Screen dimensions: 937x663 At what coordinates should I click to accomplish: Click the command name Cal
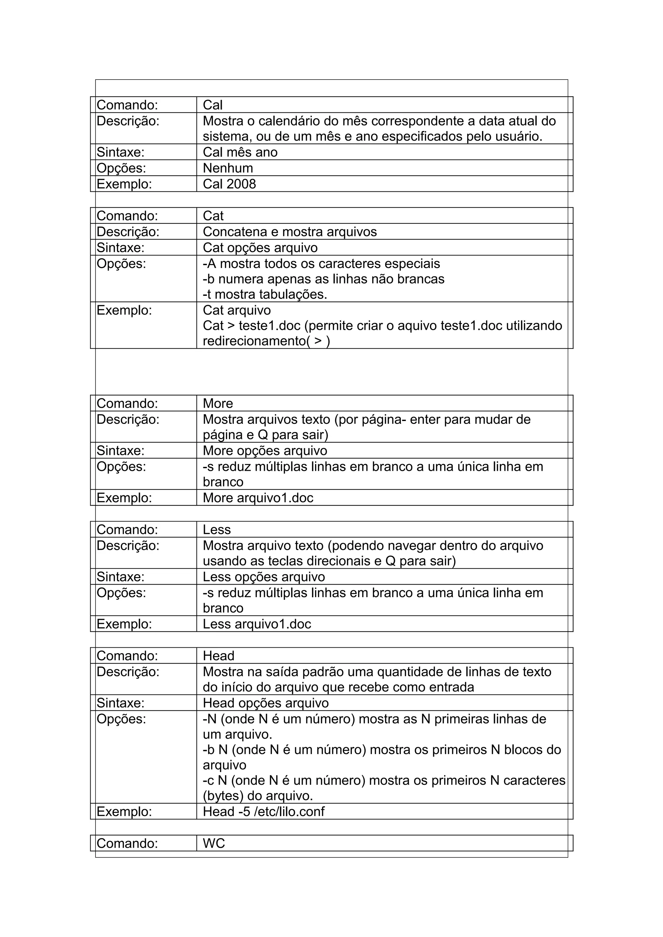pos(212,105)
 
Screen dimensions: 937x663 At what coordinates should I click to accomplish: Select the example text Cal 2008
pos(229,184)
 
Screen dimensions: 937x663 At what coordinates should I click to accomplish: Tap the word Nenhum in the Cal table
pos(228,168)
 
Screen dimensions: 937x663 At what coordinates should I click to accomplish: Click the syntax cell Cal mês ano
pos(240,152)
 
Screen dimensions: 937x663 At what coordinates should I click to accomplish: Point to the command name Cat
pos(213,216)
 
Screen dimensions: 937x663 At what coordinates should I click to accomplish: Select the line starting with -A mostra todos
pos(321,264)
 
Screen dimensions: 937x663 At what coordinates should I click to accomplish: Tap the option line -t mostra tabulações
pos(265,294)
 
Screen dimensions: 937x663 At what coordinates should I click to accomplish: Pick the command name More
pos(218,404)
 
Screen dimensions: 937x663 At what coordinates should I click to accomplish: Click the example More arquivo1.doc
pos(258,498)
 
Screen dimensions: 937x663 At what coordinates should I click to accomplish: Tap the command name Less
pos(217,530)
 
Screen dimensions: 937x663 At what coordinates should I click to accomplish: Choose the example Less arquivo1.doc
pos(256,624)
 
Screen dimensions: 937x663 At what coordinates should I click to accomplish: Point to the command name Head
pos(218,656)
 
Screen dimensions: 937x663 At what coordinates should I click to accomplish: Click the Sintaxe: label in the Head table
pos(120,703)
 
